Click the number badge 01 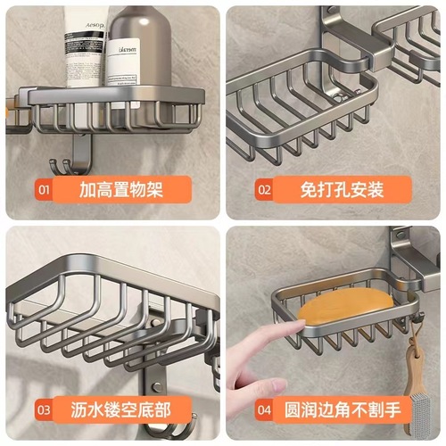pyautogui.click(x=44, y=189)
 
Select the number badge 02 pyautogui.click(x=265, y=189)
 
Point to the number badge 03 pyautogui.click(x=44, y=411)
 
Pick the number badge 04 pyautogui.click(x=265, y=411)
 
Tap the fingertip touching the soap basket pyautogui.click(x=290, y=331)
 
